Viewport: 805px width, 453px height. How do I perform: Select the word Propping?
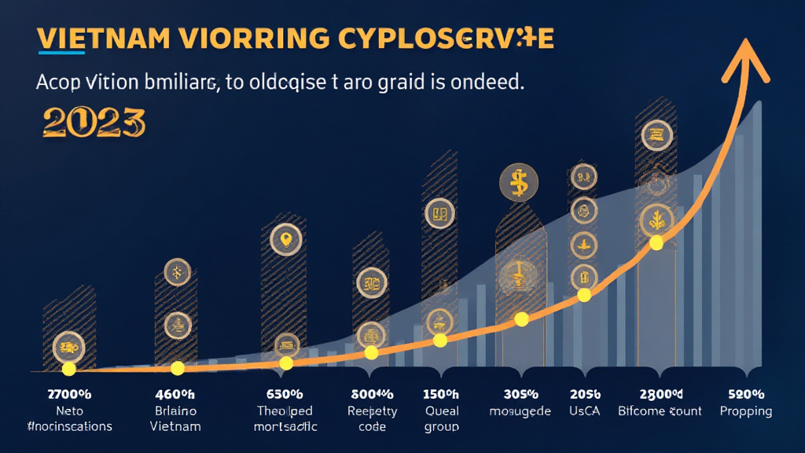[746, 411]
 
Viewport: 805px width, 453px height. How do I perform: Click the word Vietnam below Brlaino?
[175, 426]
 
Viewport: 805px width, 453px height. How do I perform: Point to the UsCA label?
[583, 411]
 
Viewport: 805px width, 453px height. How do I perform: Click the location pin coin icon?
[285, 239]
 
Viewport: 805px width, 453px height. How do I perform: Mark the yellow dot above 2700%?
[68, 368]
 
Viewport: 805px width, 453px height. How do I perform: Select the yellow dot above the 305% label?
[520, 319]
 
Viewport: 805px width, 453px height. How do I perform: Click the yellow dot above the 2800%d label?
[656, 243]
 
